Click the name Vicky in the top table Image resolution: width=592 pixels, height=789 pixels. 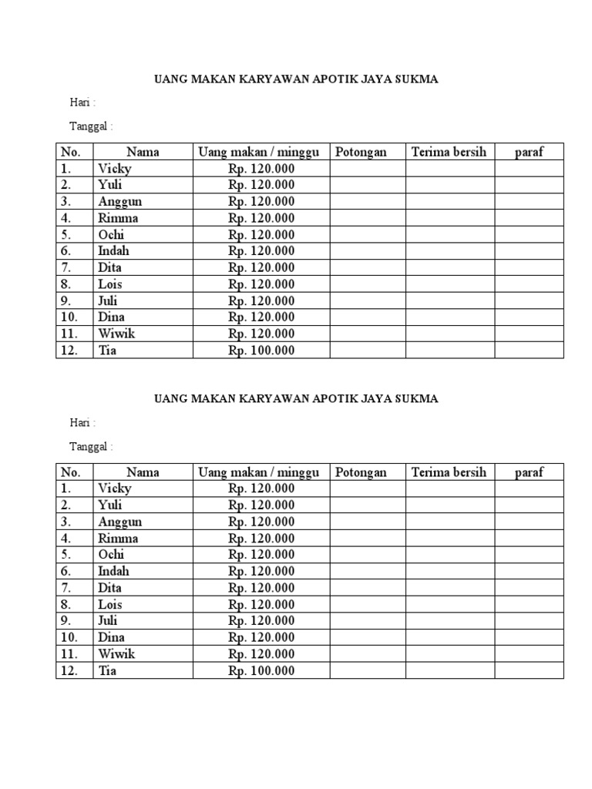point(114,169)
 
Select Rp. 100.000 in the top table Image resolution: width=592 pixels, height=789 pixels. point(261,351)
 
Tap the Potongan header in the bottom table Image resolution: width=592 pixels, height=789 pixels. point(361,472)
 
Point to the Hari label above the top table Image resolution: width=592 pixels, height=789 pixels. point(82,102)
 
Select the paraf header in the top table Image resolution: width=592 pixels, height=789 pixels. point(529,152)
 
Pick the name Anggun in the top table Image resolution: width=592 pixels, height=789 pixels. point(119,202)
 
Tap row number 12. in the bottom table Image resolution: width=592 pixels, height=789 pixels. point(69,671)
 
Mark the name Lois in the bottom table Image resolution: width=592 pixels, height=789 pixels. point(110,605)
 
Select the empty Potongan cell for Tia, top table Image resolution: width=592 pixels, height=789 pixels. point(368,351)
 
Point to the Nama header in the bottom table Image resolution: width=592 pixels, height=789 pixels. point(143,472)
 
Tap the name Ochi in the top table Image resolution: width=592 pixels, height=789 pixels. point(111,235)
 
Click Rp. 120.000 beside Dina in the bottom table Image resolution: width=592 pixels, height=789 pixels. point(261,638)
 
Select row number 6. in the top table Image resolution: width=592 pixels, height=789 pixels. point(66,251)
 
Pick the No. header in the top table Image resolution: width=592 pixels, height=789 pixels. point(71,152)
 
